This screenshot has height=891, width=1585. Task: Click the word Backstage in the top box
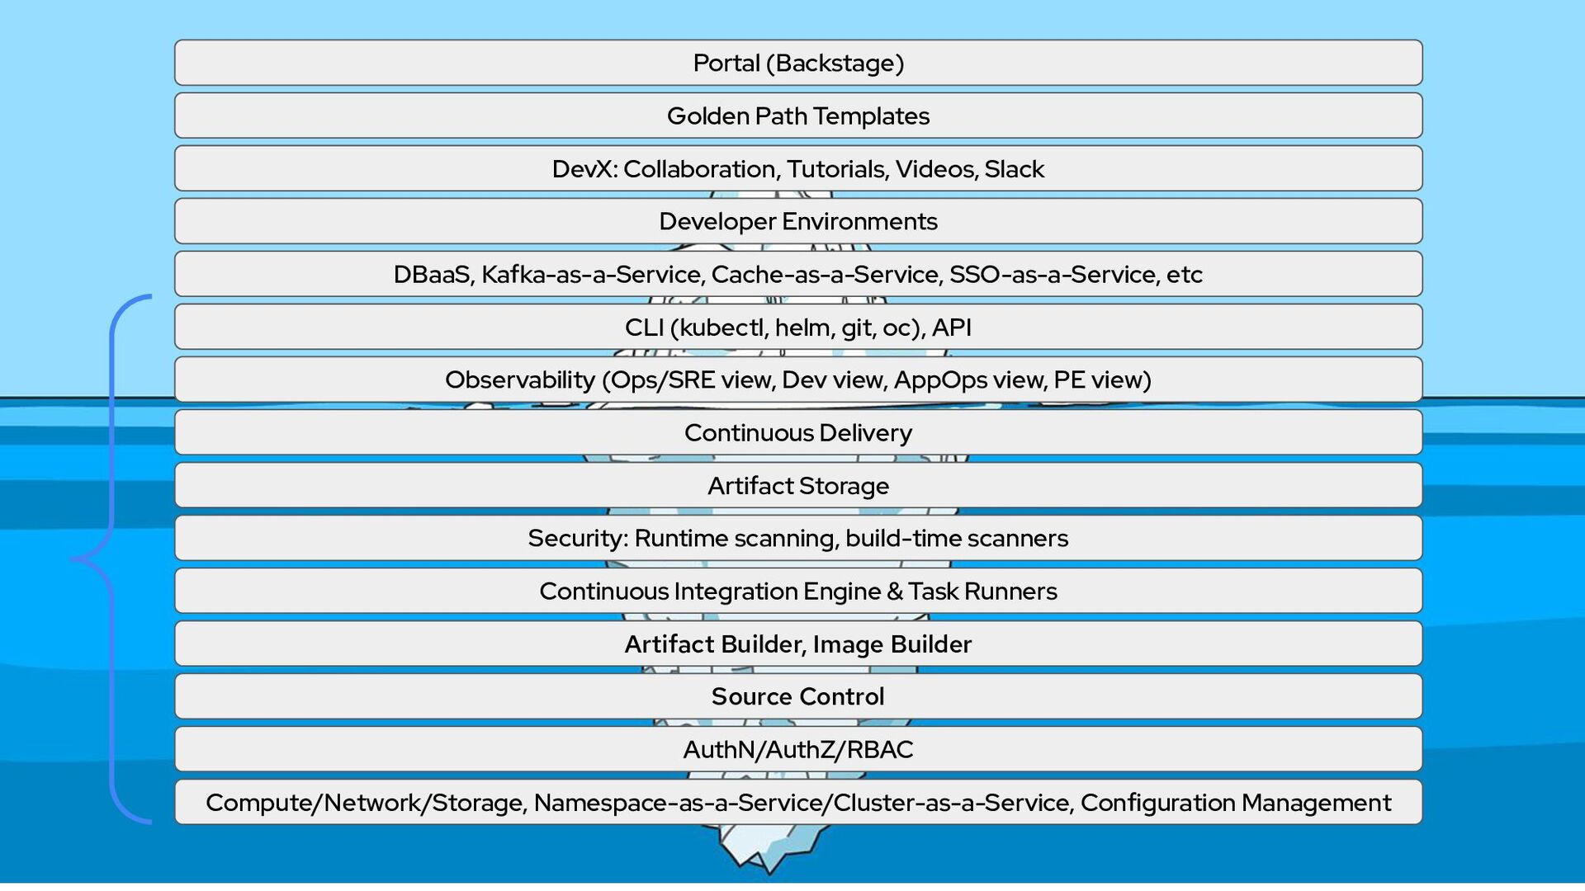coord(836,64)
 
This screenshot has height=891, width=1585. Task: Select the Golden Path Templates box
coord(797,116)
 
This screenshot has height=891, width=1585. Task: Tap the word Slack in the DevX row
coord(1014,169)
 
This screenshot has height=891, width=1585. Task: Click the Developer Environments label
coord(797,222)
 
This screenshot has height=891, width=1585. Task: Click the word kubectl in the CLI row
coord(723,328)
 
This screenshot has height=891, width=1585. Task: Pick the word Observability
coord(519,380)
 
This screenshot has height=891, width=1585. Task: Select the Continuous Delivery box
coord(797,433)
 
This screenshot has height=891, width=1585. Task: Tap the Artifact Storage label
coord(797,486)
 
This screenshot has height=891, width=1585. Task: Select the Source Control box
coord(797,697)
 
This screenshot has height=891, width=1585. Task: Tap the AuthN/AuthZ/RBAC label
coord(797,750)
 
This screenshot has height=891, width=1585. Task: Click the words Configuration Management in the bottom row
coord(1235,803)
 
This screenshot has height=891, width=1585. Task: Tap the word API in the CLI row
coord(951,328)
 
